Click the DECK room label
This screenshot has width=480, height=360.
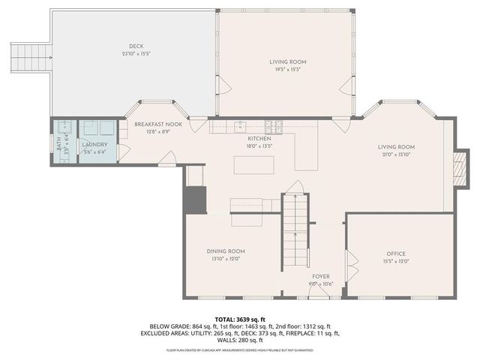click(136, 46)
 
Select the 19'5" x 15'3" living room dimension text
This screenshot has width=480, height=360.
click(288, 70)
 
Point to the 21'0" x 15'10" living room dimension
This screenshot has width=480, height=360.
click(396, 155)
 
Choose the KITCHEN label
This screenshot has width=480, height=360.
click(259, 139)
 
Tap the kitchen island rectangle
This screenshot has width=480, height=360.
click(259, 163)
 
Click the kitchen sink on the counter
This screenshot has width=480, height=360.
click(240, 125)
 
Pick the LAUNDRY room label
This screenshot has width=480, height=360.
click(94, 144)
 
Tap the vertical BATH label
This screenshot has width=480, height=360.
click(60, 143)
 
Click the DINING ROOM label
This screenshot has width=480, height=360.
click(226, 251)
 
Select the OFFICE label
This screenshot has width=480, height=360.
click(395, 254)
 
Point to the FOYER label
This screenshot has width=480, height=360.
click(321, 276)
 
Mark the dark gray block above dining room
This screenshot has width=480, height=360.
click(195, 200)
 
